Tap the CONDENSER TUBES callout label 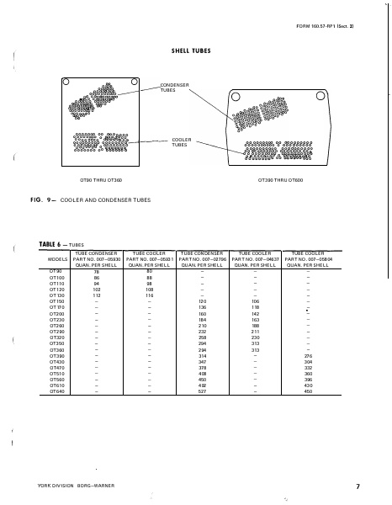[176, 88]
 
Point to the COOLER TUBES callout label [181, 141]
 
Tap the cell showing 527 [202, 391]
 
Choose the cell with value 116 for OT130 [149, 295]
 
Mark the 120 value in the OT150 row [202, 301]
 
